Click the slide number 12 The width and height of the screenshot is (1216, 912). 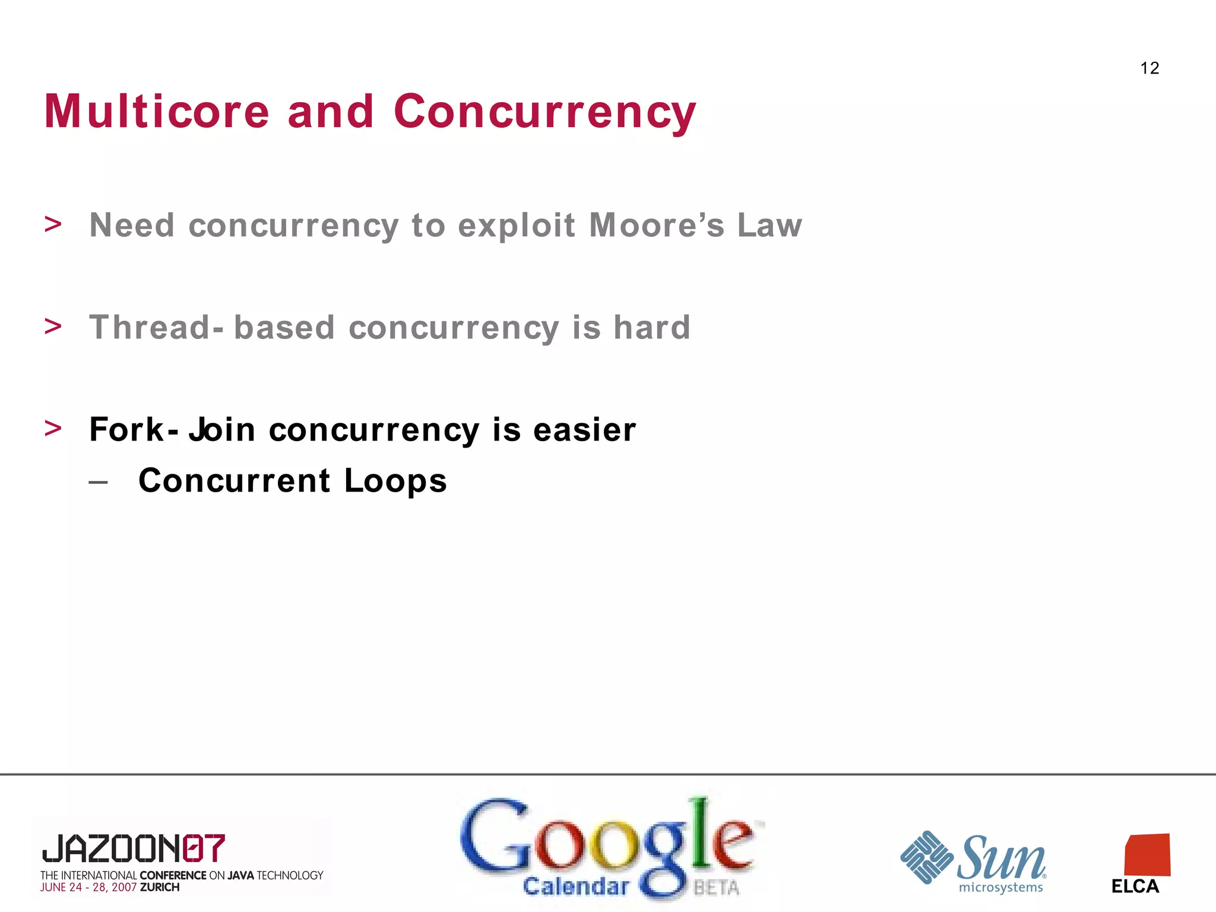pyautogui.click(x=1149, y=68)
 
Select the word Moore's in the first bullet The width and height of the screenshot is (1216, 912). pyautogui.click(x=656, y=226)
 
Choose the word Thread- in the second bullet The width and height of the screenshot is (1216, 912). pyautogui.click(x=156, y=328)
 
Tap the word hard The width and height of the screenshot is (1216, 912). pyautogui.click(x=651, y=328)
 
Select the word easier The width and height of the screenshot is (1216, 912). pyautogui.click(x=584, y=430)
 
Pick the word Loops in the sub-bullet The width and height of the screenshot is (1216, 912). pyautogui.click(x=395, y=481)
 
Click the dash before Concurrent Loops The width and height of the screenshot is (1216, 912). pyautogui.click(x=99, y=482)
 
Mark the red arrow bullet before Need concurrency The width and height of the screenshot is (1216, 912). pyautogui.click(x=53, y=224)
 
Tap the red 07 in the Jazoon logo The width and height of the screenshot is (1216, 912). pyautogui.click(x=204, y=848)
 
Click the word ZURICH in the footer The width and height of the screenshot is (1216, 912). pyautogui.click(x=160, y=888)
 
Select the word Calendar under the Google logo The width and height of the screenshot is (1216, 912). pyautogui.click(x=576, y=886)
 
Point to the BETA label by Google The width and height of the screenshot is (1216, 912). pyautogui.click(x=716, y=888)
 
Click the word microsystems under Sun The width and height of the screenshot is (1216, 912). pyautogui.click(x=1000, y=888)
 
